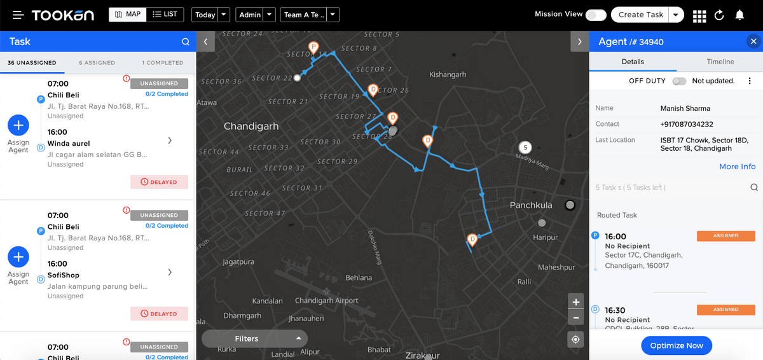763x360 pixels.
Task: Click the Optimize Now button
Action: click(677, 345)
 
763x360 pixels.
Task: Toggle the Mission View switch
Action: click(596, 15)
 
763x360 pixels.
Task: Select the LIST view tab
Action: click(165, 15)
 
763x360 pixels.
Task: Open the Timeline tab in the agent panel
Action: click(720, 62)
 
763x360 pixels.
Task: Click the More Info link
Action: click(737, 167)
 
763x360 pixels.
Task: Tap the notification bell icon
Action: click(739, 15)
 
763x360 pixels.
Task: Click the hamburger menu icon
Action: click(18, 15)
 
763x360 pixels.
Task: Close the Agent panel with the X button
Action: click(753, 42)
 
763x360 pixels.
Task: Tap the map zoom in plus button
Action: click(575, 302)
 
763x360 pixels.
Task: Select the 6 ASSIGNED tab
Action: click(97, 63)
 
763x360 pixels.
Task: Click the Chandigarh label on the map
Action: click(251, 126)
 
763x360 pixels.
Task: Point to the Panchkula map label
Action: click(531, 205)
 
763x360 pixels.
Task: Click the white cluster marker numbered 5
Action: click(525, 148)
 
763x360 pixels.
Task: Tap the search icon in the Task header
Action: click(186, 42)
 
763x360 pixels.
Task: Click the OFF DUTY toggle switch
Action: click(679, 81)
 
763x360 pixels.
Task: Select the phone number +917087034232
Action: click(687, 124)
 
